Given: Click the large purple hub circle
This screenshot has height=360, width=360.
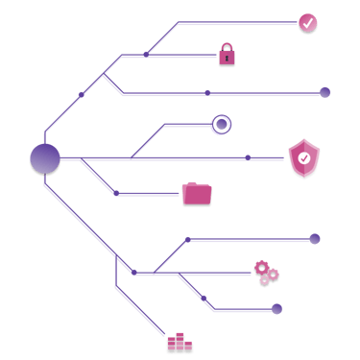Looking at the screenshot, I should click(45, 158).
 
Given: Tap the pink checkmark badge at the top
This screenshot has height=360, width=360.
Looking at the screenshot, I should click(307, 23).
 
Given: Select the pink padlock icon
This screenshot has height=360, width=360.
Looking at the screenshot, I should click(227, 56).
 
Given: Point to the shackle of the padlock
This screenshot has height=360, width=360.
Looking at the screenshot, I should click(227, 47).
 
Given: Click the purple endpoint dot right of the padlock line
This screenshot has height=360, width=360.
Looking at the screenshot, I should click(324, 93).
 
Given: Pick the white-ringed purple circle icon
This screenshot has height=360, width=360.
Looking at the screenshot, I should click(221, 124).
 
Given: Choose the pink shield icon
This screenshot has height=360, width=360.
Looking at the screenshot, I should click(303, 157).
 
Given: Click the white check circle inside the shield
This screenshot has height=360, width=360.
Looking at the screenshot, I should click(303, 158).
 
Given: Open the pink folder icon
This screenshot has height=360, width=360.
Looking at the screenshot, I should click(197, 193).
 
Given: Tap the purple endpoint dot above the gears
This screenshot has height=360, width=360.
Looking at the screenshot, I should click(314, 239).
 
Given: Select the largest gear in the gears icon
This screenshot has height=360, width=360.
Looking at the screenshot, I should click(261, 267).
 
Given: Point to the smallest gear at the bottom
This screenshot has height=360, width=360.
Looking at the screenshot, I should click(264, 280).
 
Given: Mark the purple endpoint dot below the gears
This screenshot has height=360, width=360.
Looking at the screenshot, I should click(276, 309).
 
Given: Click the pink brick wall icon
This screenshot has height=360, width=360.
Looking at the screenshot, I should click(180, 342).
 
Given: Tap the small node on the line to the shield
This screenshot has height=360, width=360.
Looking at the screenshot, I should click(247, 157).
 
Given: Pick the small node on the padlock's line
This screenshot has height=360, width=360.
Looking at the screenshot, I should click(146, 55).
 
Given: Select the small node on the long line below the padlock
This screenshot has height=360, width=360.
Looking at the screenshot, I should click(206, 93).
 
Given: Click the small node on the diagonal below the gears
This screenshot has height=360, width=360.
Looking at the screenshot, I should click(204, 298).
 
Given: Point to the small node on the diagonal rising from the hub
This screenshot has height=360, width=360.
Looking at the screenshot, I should click(81, 95).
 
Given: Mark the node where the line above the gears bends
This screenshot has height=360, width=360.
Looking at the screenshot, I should click(189, 239).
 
